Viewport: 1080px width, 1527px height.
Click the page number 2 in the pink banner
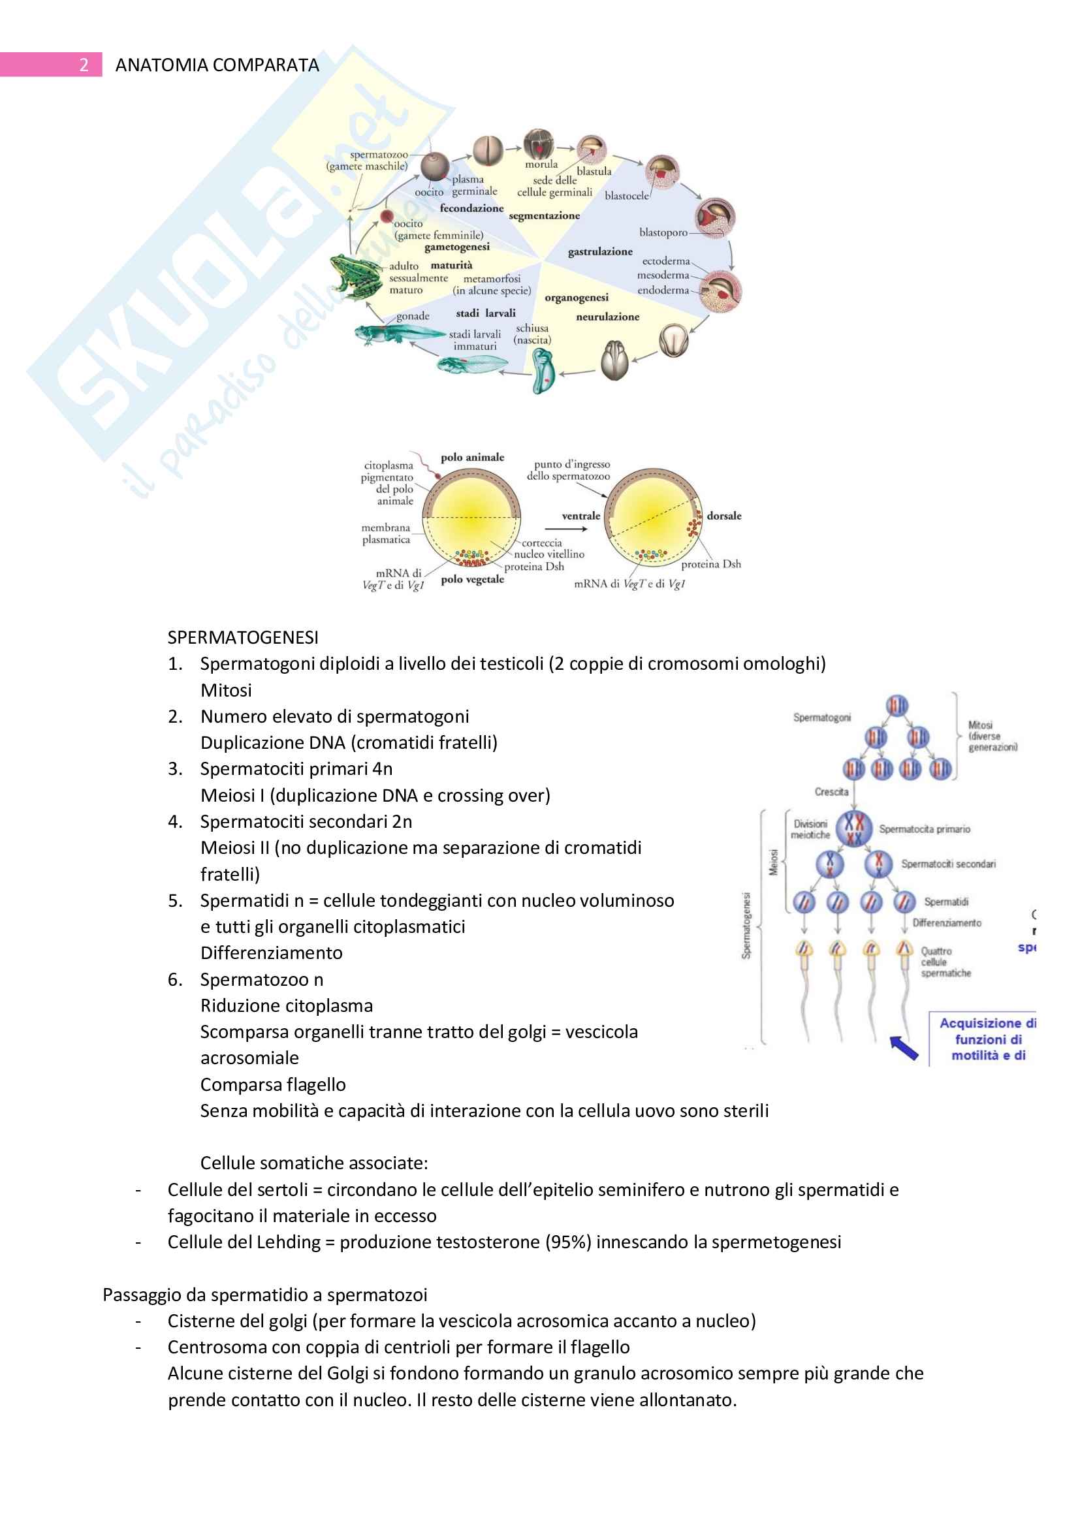point(84,65)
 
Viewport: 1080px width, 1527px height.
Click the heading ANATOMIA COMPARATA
point(217,65)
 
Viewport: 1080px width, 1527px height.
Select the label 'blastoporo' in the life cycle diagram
point(663,232)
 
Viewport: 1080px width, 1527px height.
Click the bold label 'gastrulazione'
point(600,251)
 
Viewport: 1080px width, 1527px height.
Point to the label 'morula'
point(541,165)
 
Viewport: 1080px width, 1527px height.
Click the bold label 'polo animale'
point(472,458)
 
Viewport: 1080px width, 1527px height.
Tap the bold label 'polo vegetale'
point(472,579)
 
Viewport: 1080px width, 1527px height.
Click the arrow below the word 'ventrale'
point(565,529)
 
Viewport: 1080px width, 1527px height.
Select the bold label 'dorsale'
point(723,516)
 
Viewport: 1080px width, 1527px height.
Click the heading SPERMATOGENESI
point(243,637)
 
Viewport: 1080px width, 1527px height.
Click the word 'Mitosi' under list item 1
point(226,690)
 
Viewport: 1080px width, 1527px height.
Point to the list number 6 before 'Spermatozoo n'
point(174,980)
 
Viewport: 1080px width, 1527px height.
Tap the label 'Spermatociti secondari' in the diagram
point(948,864)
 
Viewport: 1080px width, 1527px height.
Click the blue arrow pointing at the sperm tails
point(904,1047)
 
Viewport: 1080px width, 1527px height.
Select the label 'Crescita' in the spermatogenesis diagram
point(831,791)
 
